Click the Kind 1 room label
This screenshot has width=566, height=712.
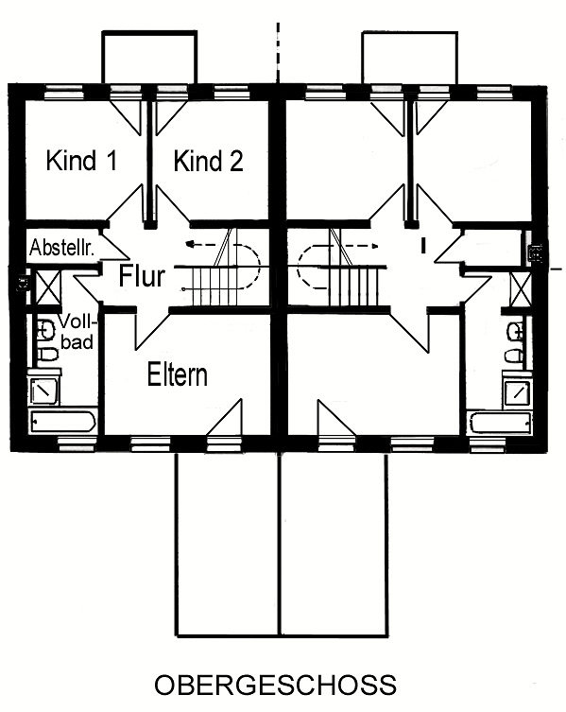[x=81, y=161]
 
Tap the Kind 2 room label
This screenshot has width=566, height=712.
[x=208, y=161]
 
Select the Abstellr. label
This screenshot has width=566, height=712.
[x=61, y=248]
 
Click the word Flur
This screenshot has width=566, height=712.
[x=142, y=275]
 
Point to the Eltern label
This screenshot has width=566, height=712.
[x=178, y=375]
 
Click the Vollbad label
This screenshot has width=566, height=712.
[x=78, y=333]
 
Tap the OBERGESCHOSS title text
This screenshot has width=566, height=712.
[x=276, y=685]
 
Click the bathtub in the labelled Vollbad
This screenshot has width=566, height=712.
[x=62, y=422]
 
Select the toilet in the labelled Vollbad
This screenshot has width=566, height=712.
[x=46, y=355]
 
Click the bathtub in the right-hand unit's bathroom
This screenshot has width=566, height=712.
[x=501, y=424]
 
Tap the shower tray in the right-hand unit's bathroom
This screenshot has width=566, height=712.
[x=517, y=391]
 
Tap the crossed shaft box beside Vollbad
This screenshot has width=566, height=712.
[x=47, y=287]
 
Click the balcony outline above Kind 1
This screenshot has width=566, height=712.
[x=150, y=58]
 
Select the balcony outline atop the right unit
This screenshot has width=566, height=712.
[x=409, y=58]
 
